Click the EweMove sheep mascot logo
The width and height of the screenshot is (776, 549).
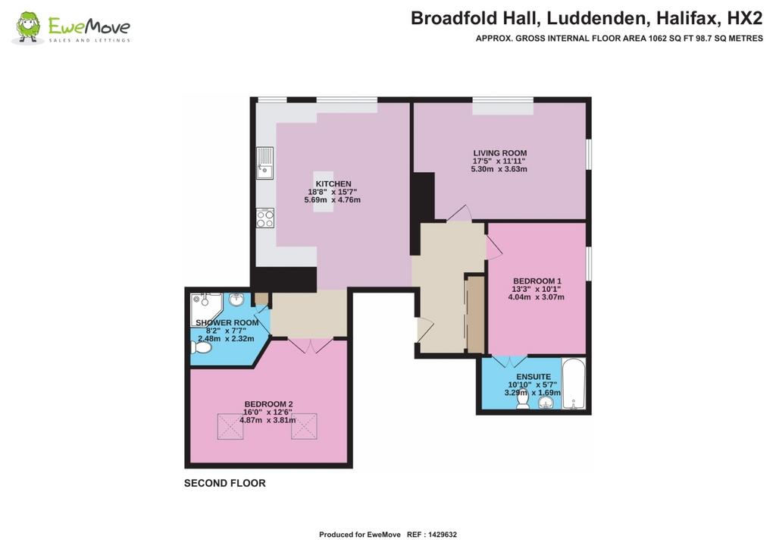(x=28, y=28)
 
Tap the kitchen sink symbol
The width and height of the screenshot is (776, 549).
(x=264, y=163)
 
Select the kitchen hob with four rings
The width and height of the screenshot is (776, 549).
(x=264, y=218)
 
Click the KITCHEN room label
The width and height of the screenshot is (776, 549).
(x=333, y=184)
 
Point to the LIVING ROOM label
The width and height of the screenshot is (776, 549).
(x=500, y=153)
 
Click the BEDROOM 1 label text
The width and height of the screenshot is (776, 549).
(x=537, y=281)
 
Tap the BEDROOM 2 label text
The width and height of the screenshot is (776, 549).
(x=269, y=404)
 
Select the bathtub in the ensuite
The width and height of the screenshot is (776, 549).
(x=574, y=383)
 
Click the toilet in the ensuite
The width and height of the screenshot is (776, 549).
(x=523, y=400)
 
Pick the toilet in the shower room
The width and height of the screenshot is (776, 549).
(x=201, y=347)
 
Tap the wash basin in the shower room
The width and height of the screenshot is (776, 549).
(x=236, y=299)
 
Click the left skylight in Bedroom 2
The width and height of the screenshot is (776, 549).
(x=230, y=426)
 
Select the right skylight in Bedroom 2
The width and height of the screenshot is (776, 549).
(x=304, y=426)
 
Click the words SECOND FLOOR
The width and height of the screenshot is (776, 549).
(x=224, y=483)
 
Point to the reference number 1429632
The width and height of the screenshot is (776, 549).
(x=443, y=535)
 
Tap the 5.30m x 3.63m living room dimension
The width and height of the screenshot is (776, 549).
(x=499, y=169)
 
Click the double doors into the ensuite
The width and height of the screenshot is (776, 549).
(x=509, y=361)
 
